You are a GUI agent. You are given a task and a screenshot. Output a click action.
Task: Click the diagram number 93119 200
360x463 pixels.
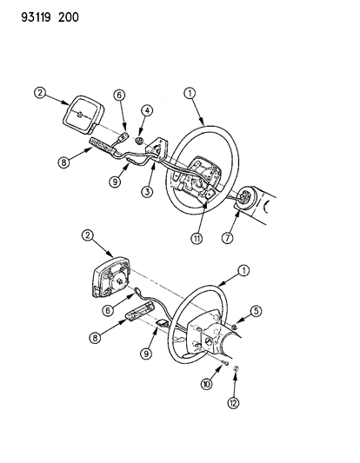[x=50, y=17]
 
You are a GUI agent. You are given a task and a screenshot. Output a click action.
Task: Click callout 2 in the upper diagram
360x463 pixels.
[x=40, y=93]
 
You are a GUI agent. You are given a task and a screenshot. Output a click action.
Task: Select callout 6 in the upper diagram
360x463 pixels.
[x=119, y=95]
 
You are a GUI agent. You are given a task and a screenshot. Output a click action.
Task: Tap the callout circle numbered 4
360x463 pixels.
[x=147, y=110]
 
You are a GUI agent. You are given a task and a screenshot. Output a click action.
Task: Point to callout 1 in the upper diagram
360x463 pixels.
[x=190, y=93]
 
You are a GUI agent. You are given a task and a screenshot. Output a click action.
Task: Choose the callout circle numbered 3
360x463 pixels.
[x=147, y=192]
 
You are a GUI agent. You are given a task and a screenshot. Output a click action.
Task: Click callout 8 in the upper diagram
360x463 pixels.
[x=63, y=162]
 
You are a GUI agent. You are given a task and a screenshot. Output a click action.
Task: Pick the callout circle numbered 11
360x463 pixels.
[x=197, y=238]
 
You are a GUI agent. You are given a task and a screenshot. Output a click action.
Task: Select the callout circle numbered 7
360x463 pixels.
[x=227, y=237]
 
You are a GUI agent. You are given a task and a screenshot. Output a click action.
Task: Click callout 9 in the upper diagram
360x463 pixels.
[x=115, y=181]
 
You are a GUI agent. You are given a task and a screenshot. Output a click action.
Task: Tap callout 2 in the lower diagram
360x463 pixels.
[x=88, y=235]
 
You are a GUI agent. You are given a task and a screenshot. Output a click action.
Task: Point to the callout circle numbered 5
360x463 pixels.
[x=256, y=311]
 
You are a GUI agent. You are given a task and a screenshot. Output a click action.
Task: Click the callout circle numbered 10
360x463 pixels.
[x=207, y=384]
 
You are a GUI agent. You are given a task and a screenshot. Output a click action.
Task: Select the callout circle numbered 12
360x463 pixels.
[x=233, y=403]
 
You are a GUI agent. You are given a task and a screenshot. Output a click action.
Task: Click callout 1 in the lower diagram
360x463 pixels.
[x=243, y=270]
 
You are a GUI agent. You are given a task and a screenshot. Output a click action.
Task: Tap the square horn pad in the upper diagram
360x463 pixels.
[x=83, y=115]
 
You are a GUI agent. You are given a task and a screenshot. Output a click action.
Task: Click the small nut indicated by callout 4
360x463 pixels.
[x=139, y=141]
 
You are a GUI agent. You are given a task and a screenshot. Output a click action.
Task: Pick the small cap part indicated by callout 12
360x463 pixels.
[x=237, y=368]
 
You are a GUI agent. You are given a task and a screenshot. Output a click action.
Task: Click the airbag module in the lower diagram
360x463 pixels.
[x=111, y=276]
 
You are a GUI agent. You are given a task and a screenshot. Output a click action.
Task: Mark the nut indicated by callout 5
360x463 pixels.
[x=234, y=327]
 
